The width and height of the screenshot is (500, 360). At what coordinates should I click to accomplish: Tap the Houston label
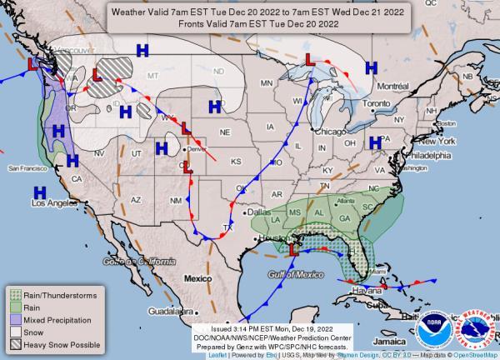click(x=272, y=238)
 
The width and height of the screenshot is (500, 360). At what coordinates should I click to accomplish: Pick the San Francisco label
click(x=28, y=168)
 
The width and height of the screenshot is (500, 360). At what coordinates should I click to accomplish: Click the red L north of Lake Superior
click(x=307, y=60)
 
